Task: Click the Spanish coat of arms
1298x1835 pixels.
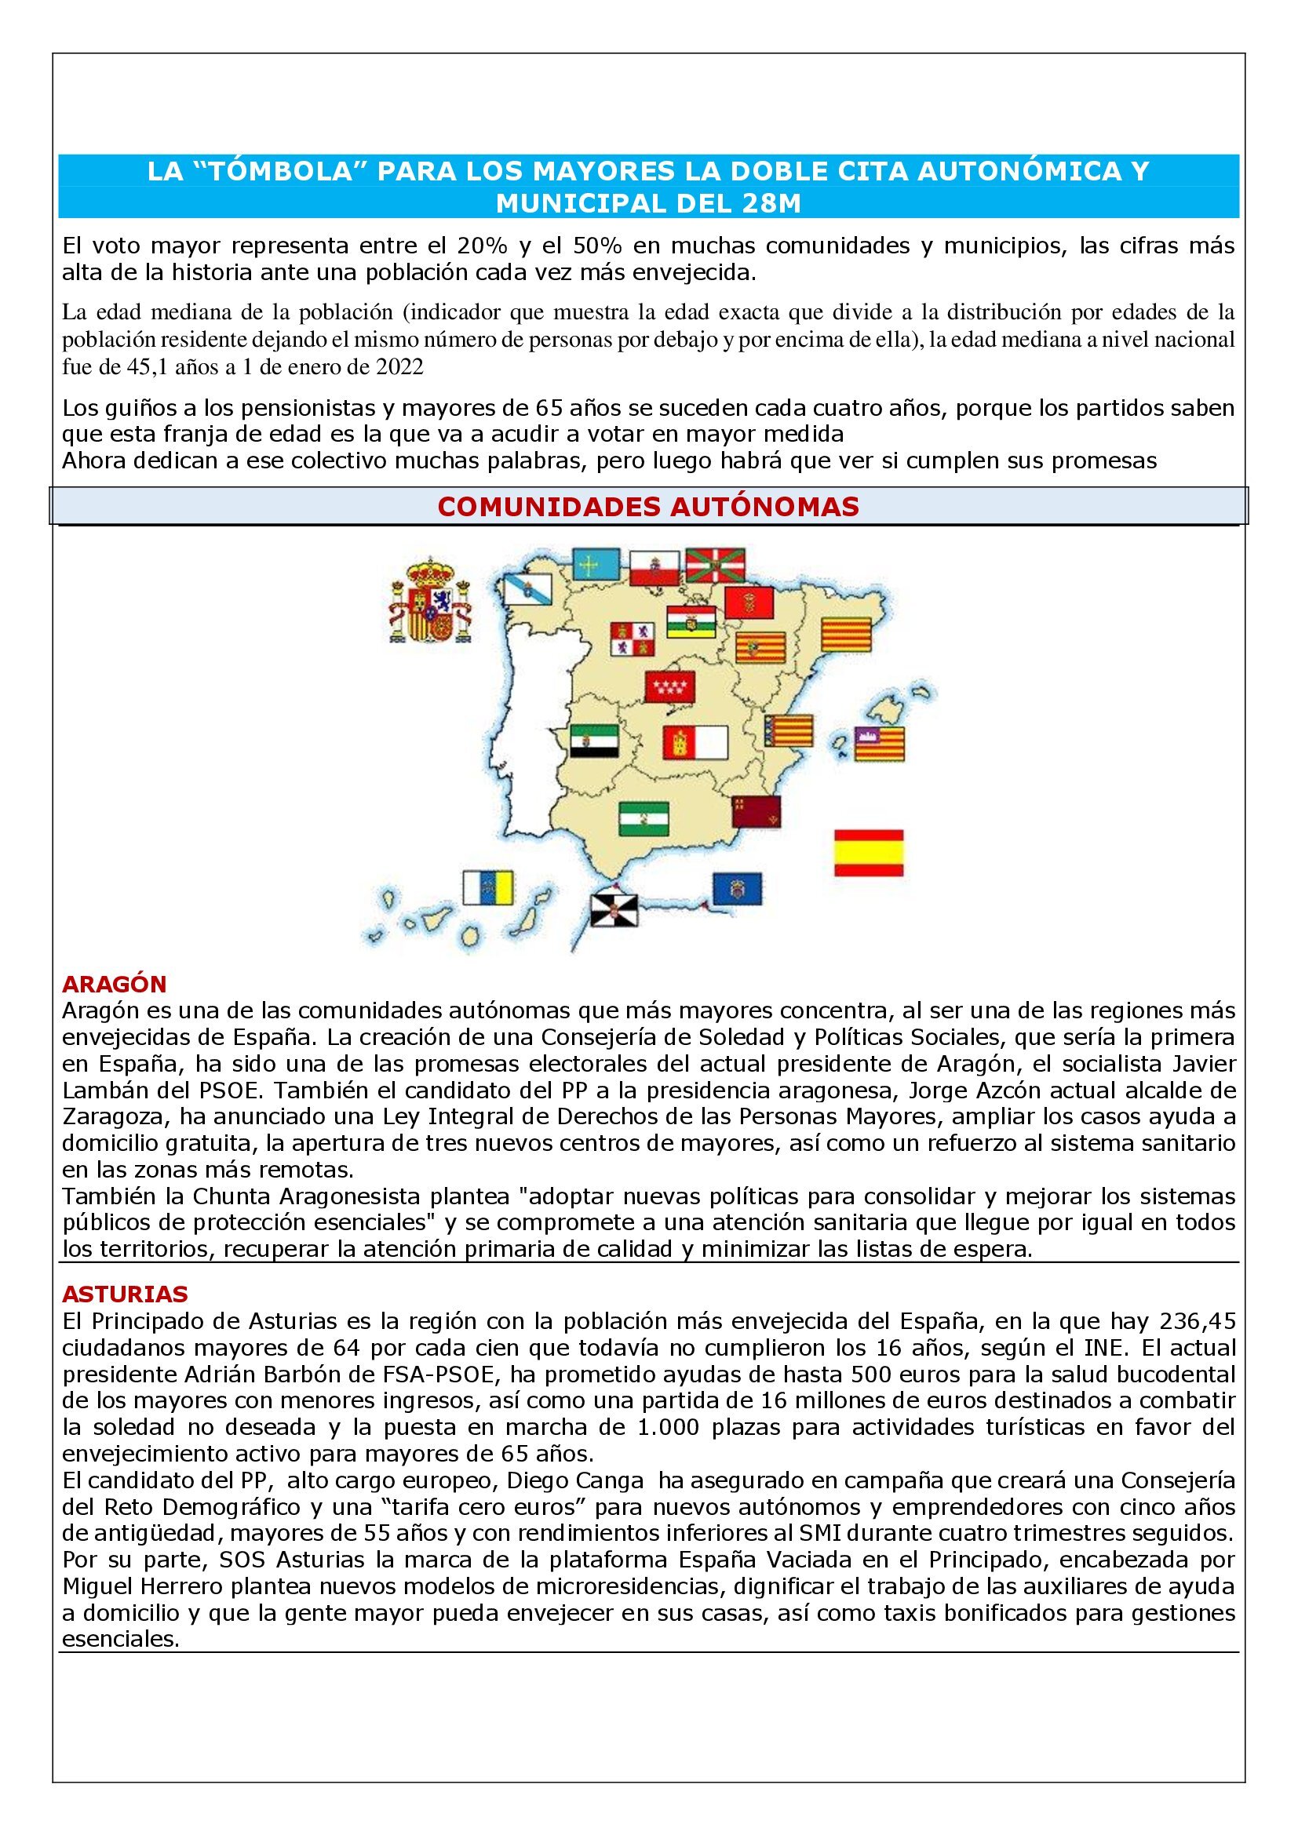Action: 429,601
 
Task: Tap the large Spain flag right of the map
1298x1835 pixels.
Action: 869,854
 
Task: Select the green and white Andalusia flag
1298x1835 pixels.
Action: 644,818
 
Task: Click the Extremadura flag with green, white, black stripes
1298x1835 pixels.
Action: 594,741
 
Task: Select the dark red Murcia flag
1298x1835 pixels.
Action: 756,812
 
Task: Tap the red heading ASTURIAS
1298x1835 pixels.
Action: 125,1292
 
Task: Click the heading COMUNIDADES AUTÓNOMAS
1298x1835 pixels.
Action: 648,506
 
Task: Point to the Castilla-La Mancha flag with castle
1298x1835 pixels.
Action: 695,742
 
